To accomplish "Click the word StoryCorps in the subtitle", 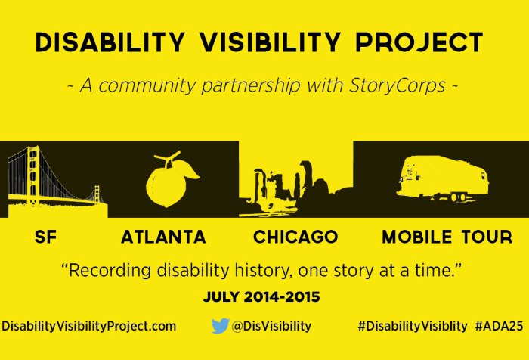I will click(x=398, y=86).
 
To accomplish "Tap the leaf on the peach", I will click(x=189, y=171).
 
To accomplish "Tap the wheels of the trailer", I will click(x=456, y=198).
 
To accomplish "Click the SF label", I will click(x=46, y=237).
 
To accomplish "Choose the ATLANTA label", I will click(x=163, y=237).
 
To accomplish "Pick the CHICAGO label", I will click(x=295, y=237).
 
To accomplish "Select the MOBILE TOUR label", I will click(x=447, y=237).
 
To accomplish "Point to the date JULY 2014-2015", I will click(x=261, y=297).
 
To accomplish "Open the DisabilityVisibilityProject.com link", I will click(x=89, y=326).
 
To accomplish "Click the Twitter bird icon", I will click(x=220, y=326).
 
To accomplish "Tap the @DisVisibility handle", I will click(x=271, y=326).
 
